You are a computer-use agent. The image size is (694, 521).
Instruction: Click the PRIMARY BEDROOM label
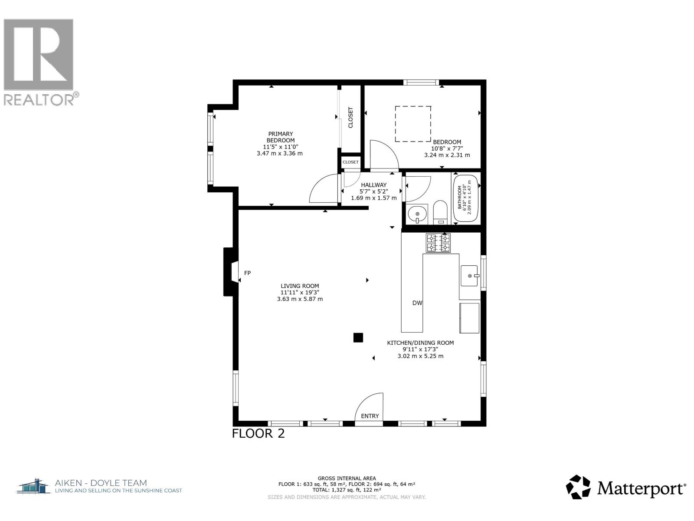(x=280, y=137)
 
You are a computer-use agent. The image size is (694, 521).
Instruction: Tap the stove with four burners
(x=438, y=243)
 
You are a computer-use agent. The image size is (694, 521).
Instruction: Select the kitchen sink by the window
(x=469, y=276)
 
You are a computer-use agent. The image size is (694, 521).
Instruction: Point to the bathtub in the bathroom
(x=466, y=198)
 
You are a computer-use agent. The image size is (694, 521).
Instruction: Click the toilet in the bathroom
(x=440, y=212)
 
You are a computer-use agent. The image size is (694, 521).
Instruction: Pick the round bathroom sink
(x=417, y=214)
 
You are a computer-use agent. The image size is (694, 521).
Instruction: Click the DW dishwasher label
(x=417, y=303)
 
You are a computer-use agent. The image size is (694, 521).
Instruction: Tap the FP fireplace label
(x=248, y=273)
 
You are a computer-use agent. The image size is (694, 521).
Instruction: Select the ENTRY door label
(x=370, y=416)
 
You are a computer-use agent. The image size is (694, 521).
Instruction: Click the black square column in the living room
(x=358, y=337)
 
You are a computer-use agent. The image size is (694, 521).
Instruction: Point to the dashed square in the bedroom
(x=412, y=124)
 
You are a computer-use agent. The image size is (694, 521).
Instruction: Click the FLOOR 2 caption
(x=259, y=433)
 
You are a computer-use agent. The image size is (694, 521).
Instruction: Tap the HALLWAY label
(x=373, y=185)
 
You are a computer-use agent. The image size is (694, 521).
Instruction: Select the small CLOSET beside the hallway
(x=350, y=162)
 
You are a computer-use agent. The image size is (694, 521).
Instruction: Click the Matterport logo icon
(x=579, y=487)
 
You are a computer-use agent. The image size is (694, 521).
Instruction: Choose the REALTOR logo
(x=39, y=61)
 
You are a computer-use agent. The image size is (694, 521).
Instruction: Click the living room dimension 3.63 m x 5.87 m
(x=300, y=299)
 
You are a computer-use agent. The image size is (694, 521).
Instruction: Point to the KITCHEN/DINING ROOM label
(x=420, y=343)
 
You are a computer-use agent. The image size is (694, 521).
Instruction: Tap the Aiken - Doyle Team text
(x=101, y=483)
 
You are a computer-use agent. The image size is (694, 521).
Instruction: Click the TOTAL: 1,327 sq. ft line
(x=347, y=489)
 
